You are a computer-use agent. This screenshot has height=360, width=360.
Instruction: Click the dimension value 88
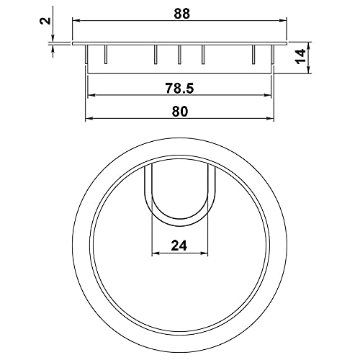point(181,14)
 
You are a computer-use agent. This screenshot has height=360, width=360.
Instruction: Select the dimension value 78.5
point(179,88)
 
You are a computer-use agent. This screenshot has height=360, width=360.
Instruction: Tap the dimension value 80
point(179,112)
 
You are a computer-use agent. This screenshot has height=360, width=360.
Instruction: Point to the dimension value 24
point(179,246)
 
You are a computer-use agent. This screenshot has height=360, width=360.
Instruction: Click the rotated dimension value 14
point(301,57)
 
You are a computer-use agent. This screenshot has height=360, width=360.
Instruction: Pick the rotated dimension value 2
point(45,21)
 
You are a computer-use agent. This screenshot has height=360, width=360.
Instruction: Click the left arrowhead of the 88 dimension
point(76,21)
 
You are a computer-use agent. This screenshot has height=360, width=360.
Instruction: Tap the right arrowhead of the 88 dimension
point(283,21)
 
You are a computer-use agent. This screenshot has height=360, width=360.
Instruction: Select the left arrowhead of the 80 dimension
point(89,118)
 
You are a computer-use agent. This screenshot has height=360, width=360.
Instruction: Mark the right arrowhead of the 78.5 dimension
point(268,95)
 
